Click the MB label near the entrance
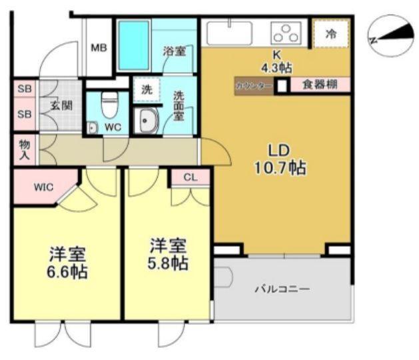(99, 47)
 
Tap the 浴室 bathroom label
(175, 51)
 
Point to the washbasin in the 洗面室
(145, 121)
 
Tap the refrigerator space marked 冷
(330, 35)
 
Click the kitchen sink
(228, 33)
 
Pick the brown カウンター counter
(253, 85)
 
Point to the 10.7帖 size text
(279, 167)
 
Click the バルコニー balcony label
(283, 289)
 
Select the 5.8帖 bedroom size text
(167, 263)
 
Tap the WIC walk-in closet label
(44, 187)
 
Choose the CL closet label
(191, 177)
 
